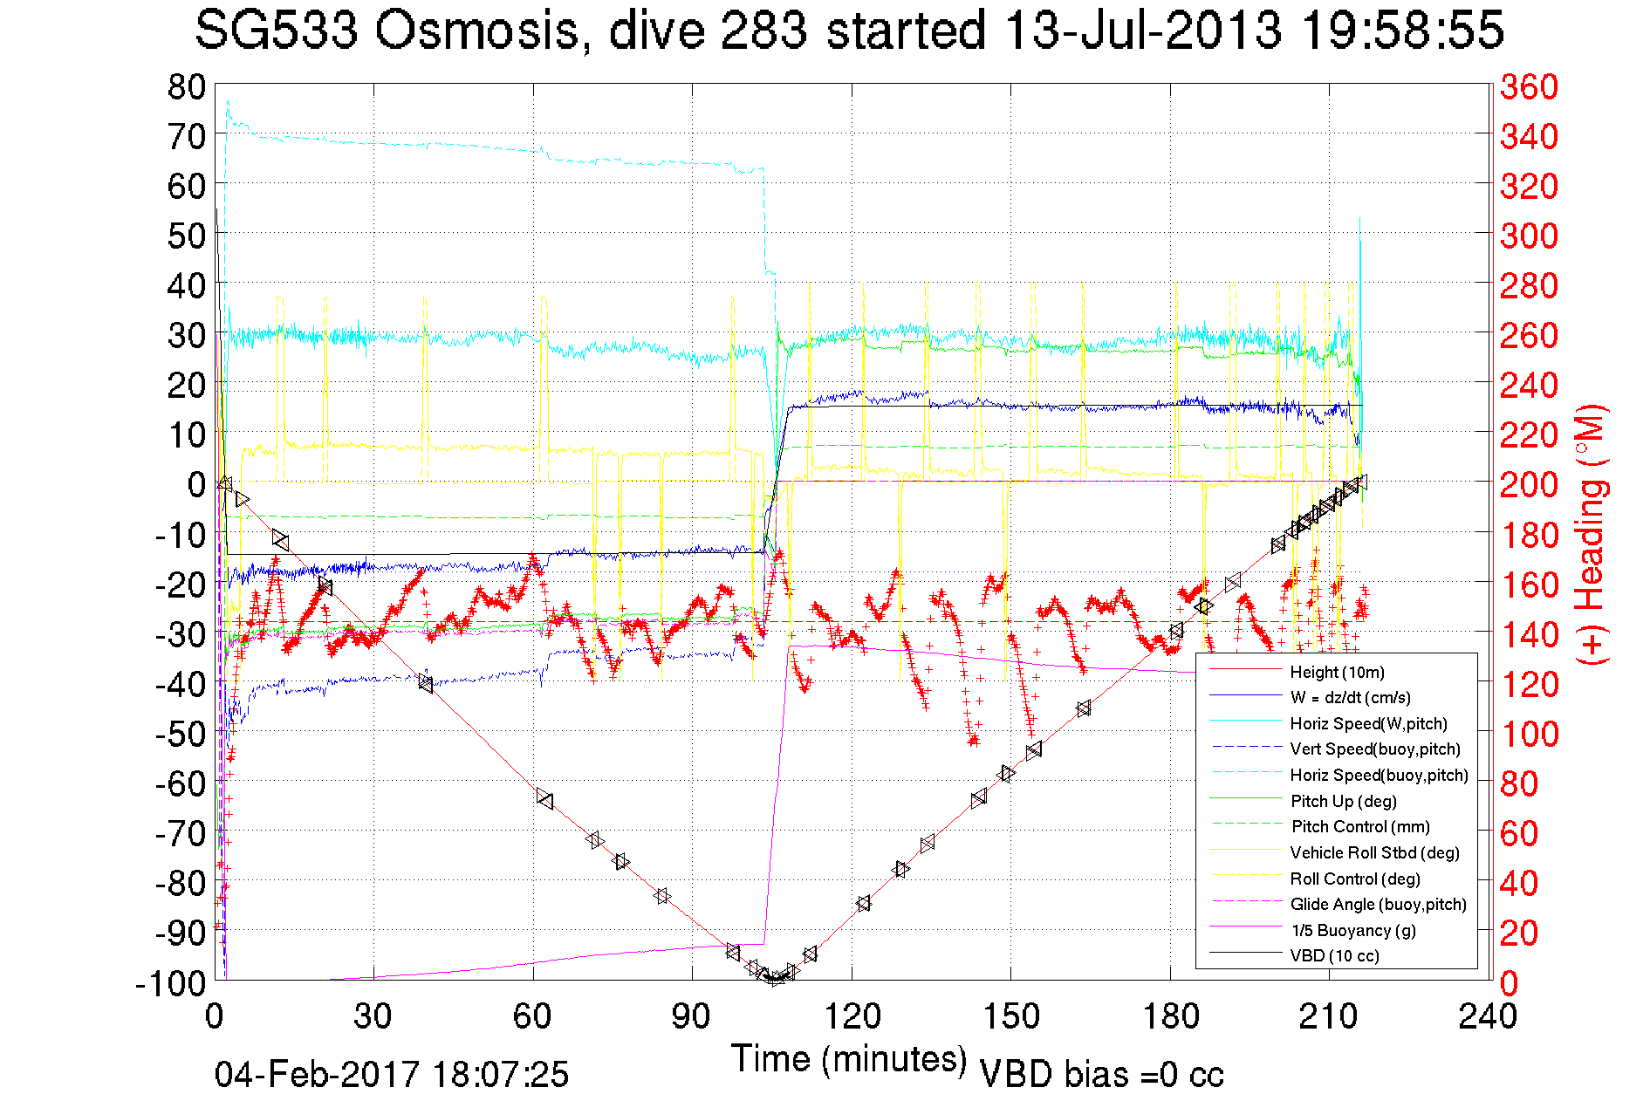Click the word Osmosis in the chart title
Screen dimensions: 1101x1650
[477, 30]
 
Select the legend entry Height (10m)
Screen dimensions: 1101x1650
[1337, 672]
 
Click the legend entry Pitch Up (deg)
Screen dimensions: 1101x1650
[1343, 801]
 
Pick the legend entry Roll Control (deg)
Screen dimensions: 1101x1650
[1354, 879]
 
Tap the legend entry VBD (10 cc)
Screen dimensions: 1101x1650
[1334, 955]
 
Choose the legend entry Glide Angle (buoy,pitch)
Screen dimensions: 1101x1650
[1378, 904]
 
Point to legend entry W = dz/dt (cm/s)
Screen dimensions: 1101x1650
[1350, 697]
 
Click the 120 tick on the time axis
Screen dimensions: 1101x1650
[852, 1016]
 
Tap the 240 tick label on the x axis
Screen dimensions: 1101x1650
[1488, 1016]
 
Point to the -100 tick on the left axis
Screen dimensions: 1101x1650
[170, 983]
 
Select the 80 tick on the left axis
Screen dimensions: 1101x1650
[186, 86]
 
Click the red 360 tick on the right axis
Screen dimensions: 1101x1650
[1529, 86]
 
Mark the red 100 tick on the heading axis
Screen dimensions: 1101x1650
[1529, 734]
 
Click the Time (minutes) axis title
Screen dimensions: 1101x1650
[848, 1059]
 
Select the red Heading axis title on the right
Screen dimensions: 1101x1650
[1592, 534]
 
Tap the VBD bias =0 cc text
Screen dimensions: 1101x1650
[1101, 1074]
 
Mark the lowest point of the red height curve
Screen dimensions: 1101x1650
[774, 979]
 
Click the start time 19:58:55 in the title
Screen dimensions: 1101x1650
[1402, 30]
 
